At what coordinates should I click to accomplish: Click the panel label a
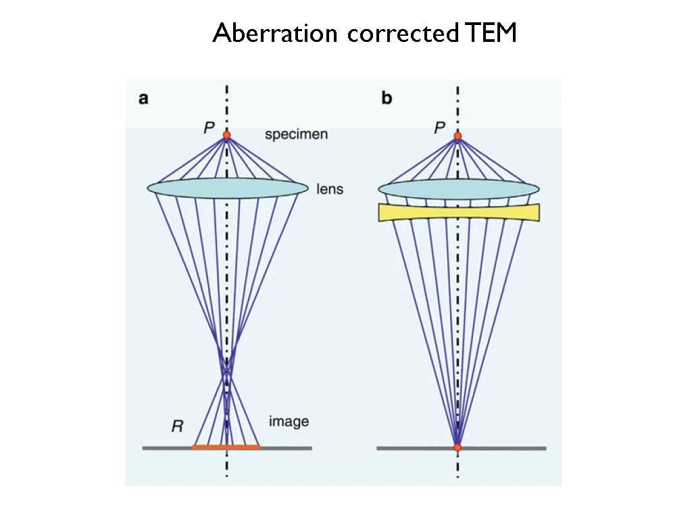(x=143, y=99)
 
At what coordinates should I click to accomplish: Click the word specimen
(x=296, y=134)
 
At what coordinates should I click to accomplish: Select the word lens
(x=330, y=189)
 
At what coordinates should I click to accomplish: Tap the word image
(x=289, y=422)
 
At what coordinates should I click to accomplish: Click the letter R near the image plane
(x=177, y=426)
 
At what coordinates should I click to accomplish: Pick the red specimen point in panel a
(x=227, y=135)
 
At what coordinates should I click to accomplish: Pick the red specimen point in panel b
(x=458, y=136)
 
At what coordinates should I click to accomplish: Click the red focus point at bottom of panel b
(x=458, y=447)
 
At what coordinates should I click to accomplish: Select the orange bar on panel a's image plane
(x=226, y=447)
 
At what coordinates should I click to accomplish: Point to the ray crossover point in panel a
(x=227, y=372)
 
